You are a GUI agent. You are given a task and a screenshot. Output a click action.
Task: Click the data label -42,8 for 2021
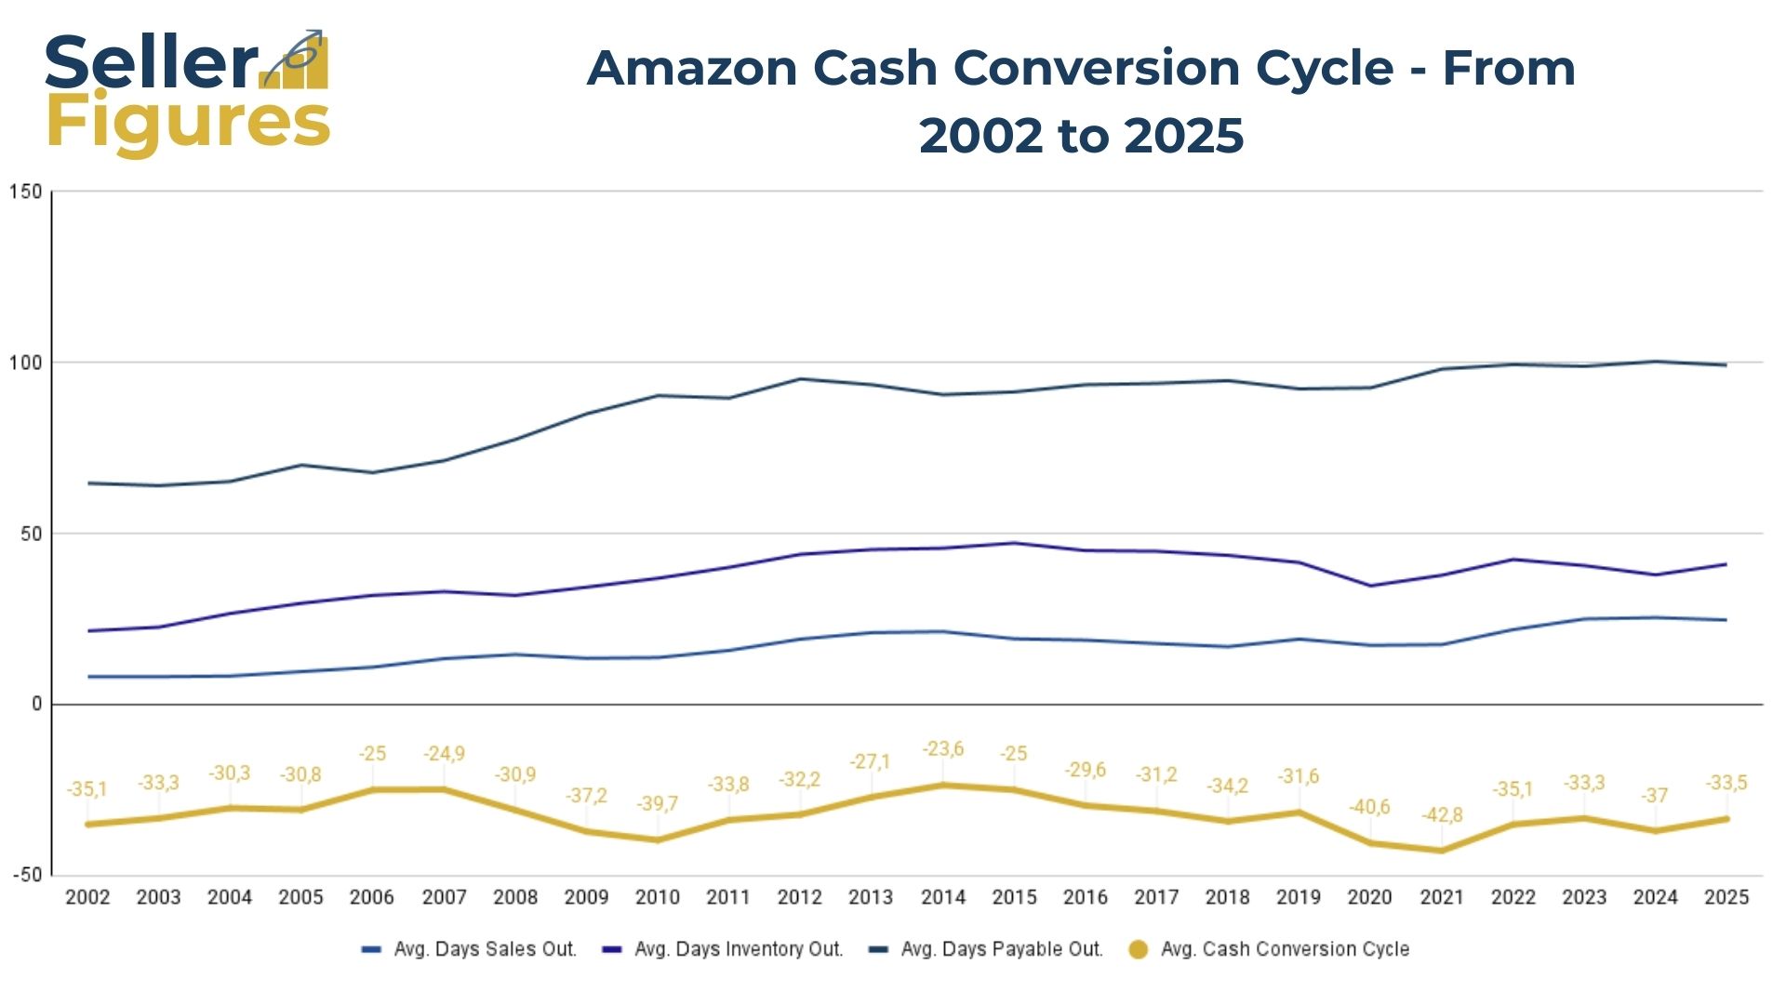pos(1442,815)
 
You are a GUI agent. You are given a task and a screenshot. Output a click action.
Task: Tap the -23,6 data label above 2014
pos(942,749)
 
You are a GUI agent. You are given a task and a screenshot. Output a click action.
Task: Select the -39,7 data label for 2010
pos(657,803)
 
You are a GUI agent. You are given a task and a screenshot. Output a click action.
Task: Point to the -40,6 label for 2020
pos(1369,807)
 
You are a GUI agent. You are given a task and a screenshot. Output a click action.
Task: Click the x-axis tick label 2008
pos(515,898)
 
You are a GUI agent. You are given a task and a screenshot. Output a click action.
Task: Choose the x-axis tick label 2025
pos(1726,898)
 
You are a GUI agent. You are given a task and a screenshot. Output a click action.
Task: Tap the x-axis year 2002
pos(87,898)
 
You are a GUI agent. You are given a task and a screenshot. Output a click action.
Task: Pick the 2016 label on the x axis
pos(1085,898)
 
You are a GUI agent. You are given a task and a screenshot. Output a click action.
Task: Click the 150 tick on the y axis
pos(26,192)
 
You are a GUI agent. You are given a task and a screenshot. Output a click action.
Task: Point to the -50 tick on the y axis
pos(27,875)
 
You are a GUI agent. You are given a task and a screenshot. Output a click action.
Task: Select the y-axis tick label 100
pos(26,363)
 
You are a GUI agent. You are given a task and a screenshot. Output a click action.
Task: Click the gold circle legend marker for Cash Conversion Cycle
pos(1138,949)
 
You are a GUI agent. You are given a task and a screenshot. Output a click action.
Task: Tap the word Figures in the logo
pos(188,123)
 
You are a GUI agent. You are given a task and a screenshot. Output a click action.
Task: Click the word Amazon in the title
pos(692,69)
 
